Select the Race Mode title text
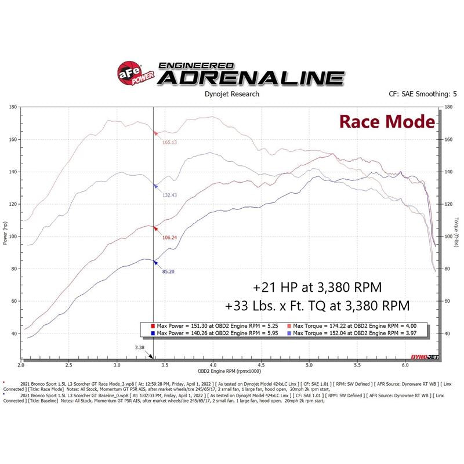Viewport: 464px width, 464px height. click(386, 122)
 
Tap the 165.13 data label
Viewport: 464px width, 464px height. click(169, 142)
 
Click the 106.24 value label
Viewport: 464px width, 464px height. click(169, 237)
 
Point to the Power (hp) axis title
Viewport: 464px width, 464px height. click(5, 233)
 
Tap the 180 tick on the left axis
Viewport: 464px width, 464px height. click(12, 107)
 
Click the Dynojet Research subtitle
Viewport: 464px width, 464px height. click(231, 94)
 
